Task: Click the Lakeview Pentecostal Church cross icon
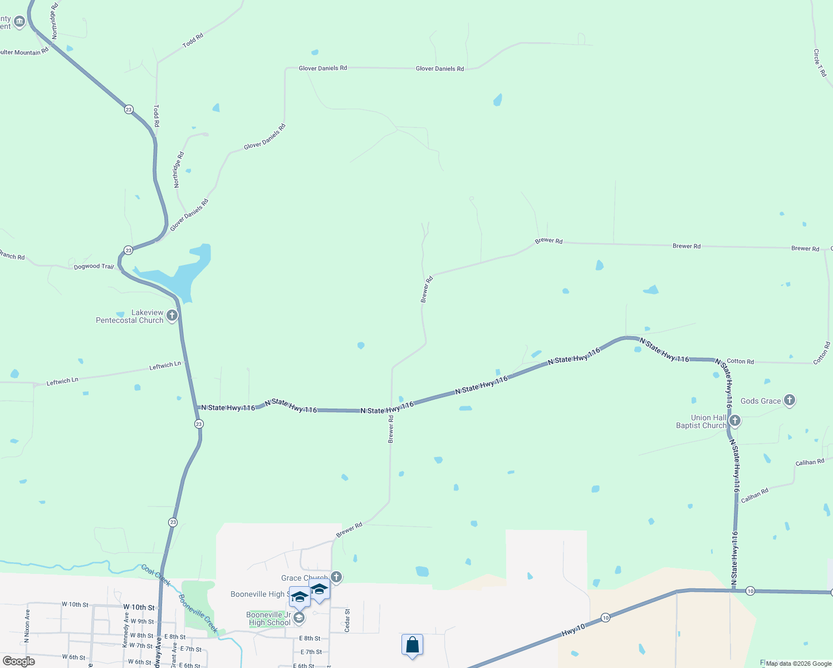(x=172, y=316)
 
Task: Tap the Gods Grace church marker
(x=789, y=400)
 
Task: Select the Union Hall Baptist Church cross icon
(x=734, y=421)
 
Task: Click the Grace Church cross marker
(x=336, y=577)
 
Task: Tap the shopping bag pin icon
(x=412, y=645)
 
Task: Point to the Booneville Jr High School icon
(x=299, y=618)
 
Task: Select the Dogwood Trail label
(x=94, y=267)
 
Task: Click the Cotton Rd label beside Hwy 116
(x=740, y=361)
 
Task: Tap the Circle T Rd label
(x=820, y=63)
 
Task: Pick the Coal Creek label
(x=156, y=575)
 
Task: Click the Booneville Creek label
(x=198, y=613)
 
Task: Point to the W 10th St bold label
(x=139, y=607)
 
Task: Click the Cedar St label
(x=347, y=620)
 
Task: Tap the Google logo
(x=19, y=661)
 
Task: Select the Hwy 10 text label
(x=573, y=630)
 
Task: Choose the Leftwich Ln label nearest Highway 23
(x=165, y=365)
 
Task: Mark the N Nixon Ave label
(x=27, y=626)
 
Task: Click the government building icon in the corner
(x=19, y=22)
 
